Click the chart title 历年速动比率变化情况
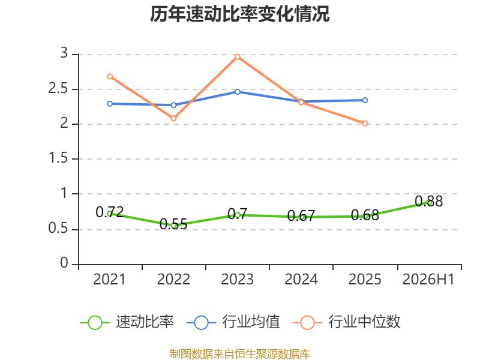(239, 14)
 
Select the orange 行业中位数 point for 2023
(237, 57)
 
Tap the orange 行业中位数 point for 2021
(110, 76)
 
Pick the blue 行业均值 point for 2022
(173, 105)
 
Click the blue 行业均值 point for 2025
(365, 100)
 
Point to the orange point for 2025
(365, 124)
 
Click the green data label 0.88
(428, 202)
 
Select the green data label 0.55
(173, 224)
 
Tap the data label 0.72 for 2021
(110, 212)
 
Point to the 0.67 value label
(301, 216)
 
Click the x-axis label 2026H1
(428, 279)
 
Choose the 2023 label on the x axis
(237, 279)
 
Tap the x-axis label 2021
(110, 279)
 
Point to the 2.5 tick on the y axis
(58, 89)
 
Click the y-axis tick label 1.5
(58, 158)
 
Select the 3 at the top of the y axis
(64, 53)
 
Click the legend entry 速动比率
(127, 322)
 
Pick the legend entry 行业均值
(233, 322)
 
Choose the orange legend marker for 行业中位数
(307, 323)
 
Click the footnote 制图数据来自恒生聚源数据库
(240, 354)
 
